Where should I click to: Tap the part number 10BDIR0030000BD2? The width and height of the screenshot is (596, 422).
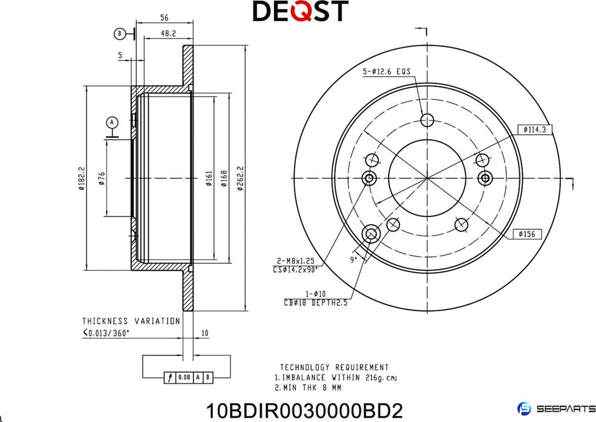(304, 411)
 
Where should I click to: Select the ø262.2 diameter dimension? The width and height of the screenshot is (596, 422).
(240, 179)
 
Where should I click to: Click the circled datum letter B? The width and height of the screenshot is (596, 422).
(120, 34)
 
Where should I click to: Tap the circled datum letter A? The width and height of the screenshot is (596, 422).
(111, 122)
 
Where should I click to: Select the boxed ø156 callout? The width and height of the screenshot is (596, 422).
(526, 234)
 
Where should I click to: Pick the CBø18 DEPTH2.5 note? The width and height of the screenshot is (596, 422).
(315, 303)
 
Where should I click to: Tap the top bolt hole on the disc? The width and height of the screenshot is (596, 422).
(427, 119)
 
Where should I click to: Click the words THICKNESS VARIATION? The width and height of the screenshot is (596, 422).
(131, 321)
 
